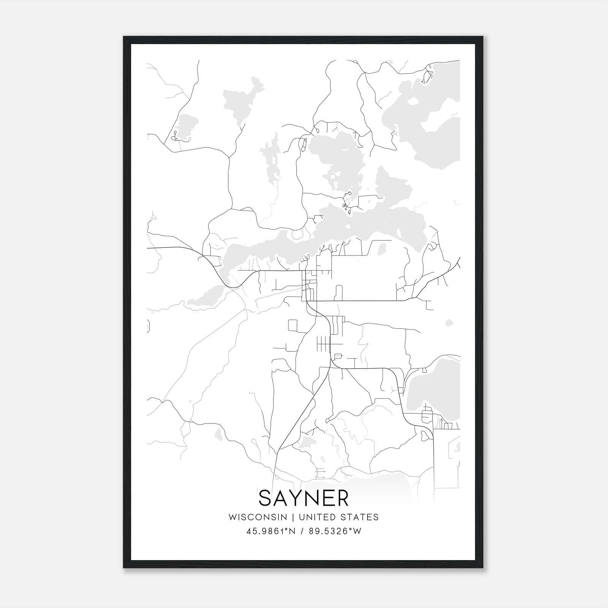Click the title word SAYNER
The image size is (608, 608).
click(x=303, y=498)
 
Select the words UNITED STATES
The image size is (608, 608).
click(x=339, y=517)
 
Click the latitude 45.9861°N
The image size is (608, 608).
click(x=271, y=531)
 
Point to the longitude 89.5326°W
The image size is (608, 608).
click(x=335, y=531)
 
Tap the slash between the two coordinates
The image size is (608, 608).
click(x=302, y=531)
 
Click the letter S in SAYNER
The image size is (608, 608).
click(x=266, y=498)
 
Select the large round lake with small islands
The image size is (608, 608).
click(x=334, y=160)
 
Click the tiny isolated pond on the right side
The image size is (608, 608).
click(x=449, y=323)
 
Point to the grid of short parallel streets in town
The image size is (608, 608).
click(x=323, y=344)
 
